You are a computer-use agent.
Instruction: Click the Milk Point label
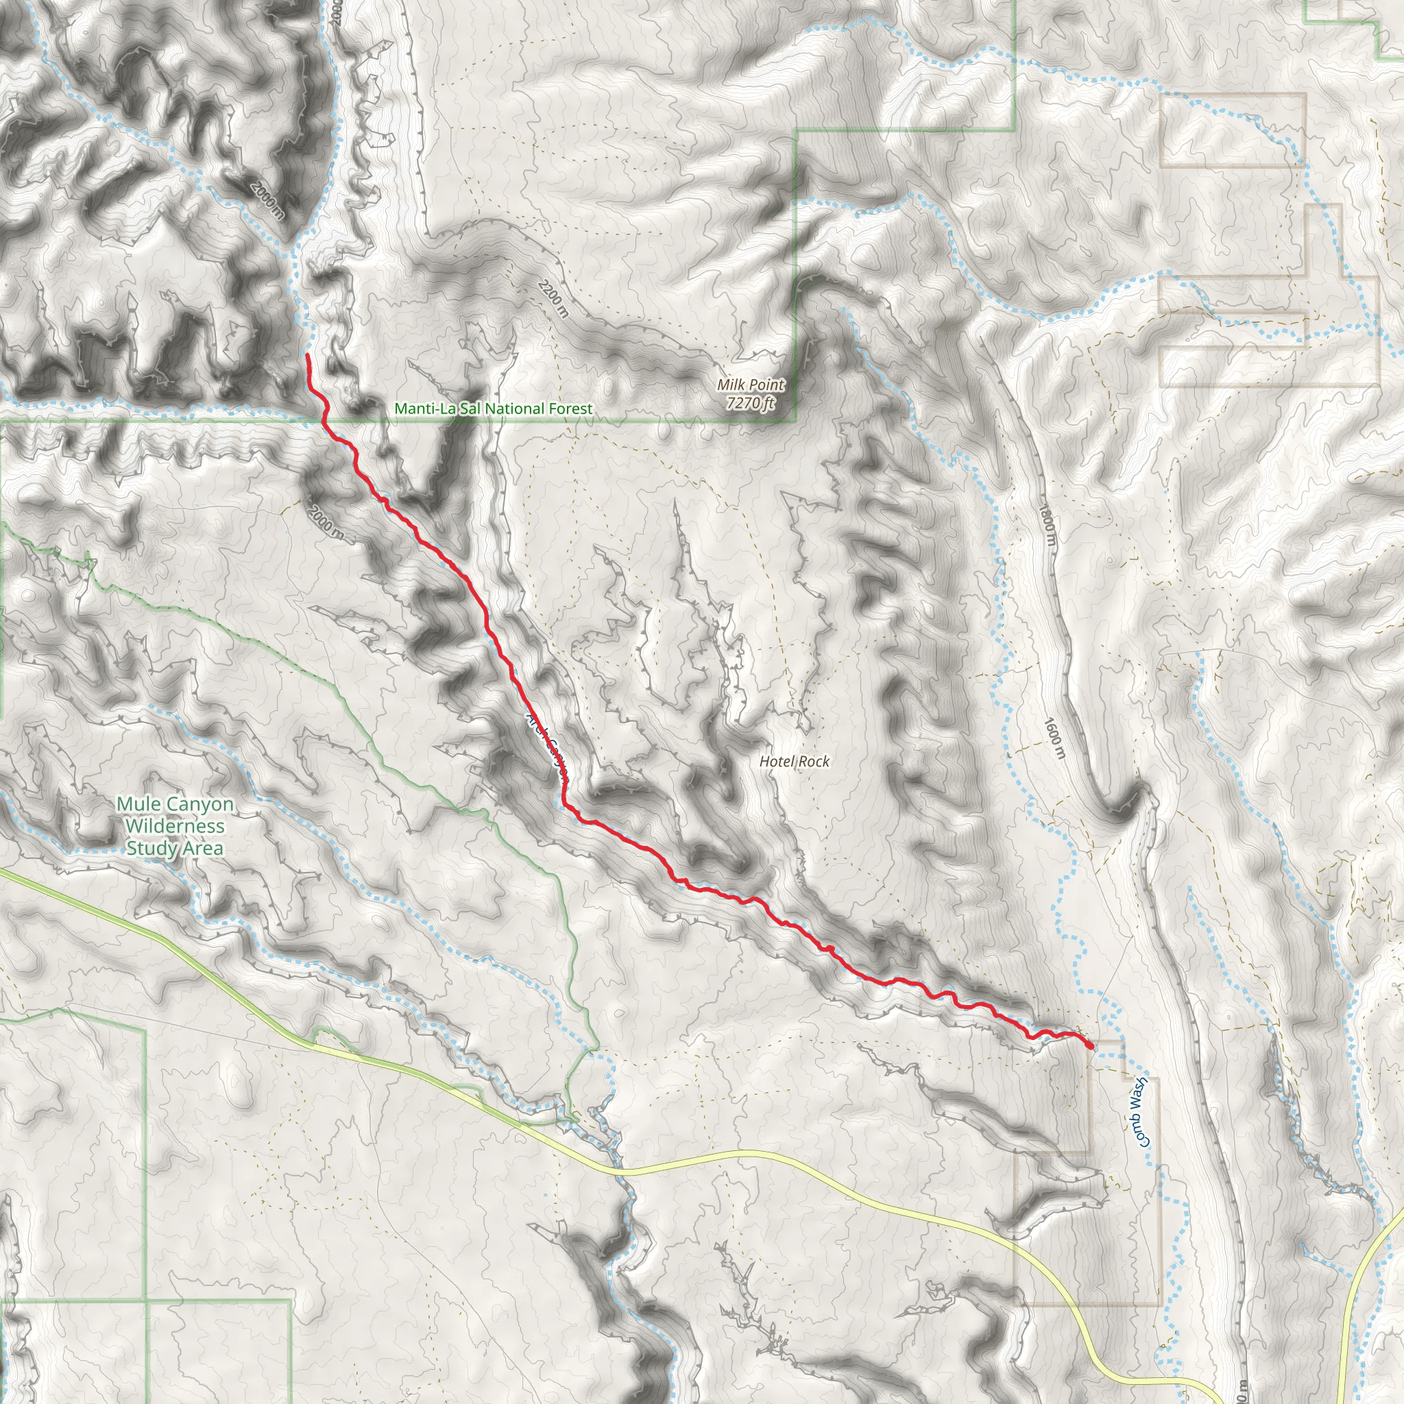pyautogui.click(x=751, y=385)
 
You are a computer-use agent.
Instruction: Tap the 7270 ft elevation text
pyautogui.click(x=751, y=402)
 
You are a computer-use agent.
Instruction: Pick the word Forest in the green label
pyautogui.click(x=570, y=409)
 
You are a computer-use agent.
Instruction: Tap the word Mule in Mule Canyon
pyautogui.click(x=138, y=804)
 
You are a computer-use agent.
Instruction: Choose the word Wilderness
pyautogui.click(x=174, y=826)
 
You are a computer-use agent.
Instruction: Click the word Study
pyautogui.click(x=149, y=849)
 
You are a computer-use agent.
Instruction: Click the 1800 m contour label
pyautogui.click(x=1046, y=527)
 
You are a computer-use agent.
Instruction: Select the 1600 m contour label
pyautogui.click(x=1054, y=738)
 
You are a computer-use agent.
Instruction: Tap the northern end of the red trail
pyautogui.click(x=307, y=355)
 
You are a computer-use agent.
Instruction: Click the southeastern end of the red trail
pyautogui.click(x=1091, y=1046)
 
